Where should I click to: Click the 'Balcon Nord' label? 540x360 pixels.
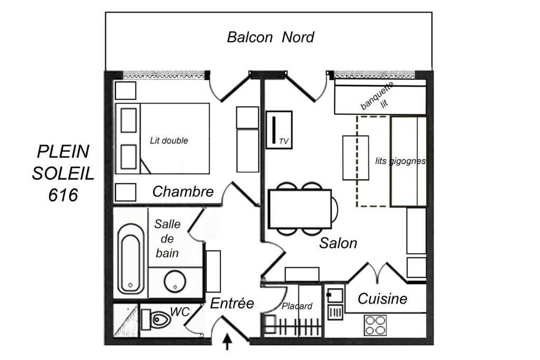click(271, 37)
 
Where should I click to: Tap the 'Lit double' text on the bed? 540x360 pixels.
click(169, 140)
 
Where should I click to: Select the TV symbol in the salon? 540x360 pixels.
click(279, 130)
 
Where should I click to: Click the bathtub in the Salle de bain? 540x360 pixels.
click(131, 259)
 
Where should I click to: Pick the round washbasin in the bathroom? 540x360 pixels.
click(175, 281)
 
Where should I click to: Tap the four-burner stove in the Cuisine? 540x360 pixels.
click(375, 325)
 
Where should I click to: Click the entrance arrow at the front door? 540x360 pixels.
click(227, 342)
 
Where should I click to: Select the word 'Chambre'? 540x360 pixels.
click(183, 192)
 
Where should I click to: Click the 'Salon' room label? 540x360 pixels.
click(338, 243)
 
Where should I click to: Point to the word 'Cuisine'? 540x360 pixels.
click(382, 299)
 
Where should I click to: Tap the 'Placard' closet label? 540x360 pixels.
click(297, 306)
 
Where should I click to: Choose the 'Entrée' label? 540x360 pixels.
click(232, 303)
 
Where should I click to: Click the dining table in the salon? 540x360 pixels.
click(300, 209)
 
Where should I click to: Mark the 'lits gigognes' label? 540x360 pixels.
click(400, 161)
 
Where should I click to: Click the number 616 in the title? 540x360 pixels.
click(63, 195)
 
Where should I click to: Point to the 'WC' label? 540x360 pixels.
click(180, 312)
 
